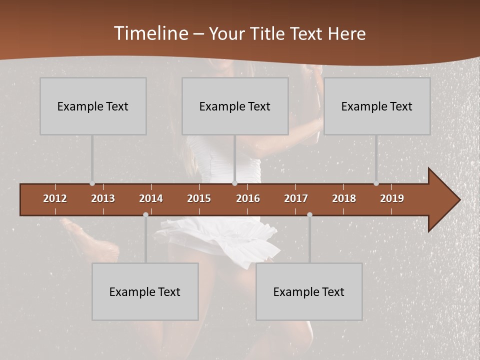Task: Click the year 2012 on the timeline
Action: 55,198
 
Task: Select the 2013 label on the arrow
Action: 103,198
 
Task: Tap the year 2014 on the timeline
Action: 151,198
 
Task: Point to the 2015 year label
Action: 199,198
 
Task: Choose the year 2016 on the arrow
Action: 248,198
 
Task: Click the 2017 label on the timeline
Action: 296,198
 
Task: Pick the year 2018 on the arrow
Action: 344,198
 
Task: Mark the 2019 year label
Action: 392,198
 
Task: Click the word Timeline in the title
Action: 151,33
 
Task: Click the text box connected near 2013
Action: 93,106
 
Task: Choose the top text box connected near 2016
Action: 235,106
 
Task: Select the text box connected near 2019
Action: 377,106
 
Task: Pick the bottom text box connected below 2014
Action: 145,291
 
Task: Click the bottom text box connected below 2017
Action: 309,291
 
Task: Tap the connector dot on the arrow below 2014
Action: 145,215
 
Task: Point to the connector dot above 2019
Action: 376,183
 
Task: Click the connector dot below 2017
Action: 309,215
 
